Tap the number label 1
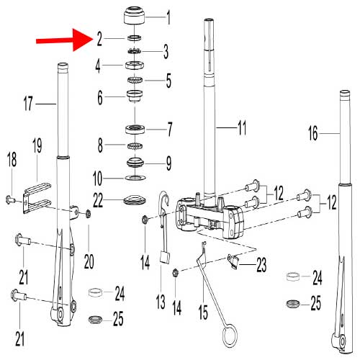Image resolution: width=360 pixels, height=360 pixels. click(168, 15)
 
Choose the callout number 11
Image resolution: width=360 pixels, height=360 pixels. click(241, 129)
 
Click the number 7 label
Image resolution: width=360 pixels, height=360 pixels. click(169, 131)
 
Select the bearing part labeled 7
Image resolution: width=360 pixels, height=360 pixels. click(134, 130)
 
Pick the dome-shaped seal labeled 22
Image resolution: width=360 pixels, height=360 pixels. click(134, 199)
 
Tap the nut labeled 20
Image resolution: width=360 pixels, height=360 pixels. click(89, 213)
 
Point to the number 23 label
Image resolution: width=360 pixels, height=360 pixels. click(261, 266)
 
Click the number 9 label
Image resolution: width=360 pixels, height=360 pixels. click(168, 163)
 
